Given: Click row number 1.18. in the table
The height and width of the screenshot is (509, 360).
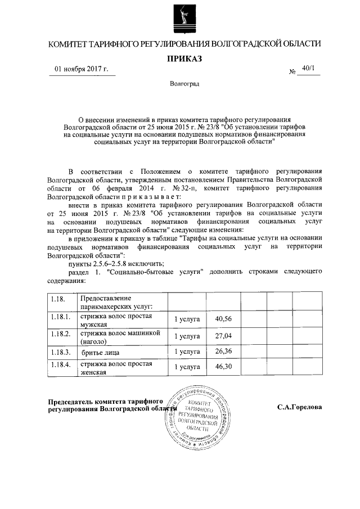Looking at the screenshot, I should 57,297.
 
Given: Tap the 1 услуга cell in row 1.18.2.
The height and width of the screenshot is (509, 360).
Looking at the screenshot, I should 187,336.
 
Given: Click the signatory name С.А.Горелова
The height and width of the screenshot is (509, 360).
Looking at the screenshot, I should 299,407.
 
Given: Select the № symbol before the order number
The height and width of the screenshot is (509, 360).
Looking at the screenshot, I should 292,72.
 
